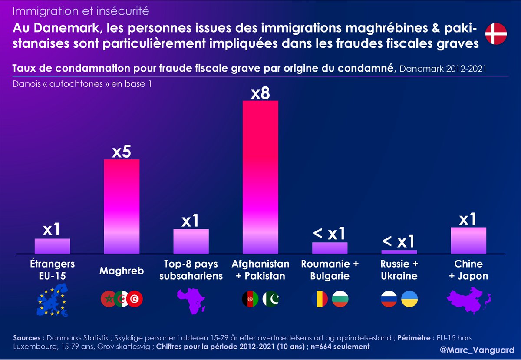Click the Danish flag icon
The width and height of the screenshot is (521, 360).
pos(496,34)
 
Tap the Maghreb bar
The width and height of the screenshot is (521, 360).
pos(122,206)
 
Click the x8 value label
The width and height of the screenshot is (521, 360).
pos(260,93)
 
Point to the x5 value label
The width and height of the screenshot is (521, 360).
pos(122,152)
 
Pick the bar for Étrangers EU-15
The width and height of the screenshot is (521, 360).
pos(52,246)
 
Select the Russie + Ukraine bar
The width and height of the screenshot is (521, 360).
pos(399,251)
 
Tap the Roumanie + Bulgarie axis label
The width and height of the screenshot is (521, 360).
pos(330,270)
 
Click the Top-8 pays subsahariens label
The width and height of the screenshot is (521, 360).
pos(191,270)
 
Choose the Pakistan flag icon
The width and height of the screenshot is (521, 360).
pos(272,299)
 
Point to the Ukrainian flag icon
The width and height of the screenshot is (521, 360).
pos(410,299)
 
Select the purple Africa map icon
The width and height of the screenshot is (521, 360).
pos(190,300)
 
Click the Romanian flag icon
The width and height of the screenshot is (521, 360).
pos(320,299)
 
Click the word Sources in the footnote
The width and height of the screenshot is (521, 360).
pos(26,338)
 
